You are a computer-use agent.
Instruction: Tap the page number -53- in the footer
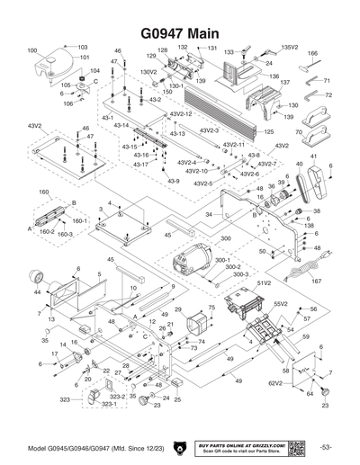click(x=325, y=448)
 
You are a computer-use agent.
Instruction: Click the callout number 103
click(x=83, y=47)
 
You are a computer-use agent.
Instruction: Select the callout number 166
click(x=313, y=54)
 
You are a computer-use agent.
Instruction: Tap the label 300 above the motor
click(x=225, y=238)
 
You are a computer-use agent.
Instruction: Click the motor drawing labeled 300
click(x=190, y=263)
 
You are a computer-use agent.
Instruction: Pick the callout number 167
click(x=316, y=282)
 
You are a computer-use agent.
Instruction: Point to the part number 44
click(x=37, y=293)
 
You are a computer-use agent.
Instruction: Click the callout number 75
click(x=211, y=308)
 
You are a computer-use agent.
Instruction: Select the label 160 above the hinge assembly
click(x=43, y=192)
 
